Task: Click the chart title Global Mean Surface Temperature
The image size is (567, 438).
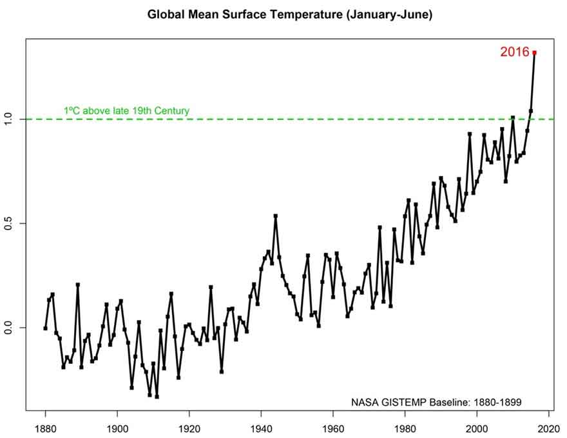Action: click(290, 14)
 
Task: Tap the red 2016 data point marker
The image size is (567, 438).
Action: click(534, 52)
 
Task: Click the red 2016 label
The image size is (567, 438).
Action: click(514, 52)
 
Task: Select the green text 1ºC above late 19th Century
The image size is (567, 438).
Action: click(126, 111)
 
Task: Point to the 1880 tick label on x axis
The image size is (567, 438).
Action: click(45, 427)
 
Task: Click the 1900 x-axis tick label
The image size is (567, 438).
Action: click(117, 427)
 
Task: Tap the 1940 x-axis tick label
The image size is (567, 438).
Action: click(261, 427)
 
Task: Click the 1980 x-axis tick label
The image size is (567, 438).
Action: click(405, 427)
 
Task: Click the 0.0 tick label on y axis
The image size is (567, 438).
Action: click(10, 328)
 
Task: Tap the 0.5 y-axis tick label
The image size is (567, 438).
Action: click(10, 223)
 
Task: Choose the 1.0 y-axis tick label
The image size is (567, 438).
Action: click(10, 119)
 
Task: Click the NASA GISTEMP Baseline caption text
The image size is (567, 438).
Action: click(436, 402)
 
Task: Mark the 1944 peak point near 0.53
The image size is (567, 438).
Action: click(276, 215)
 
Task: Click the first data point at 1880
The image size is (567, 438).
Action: click(45, 328)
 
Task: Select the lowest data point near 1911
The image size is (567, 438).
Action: click(157, 397)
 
